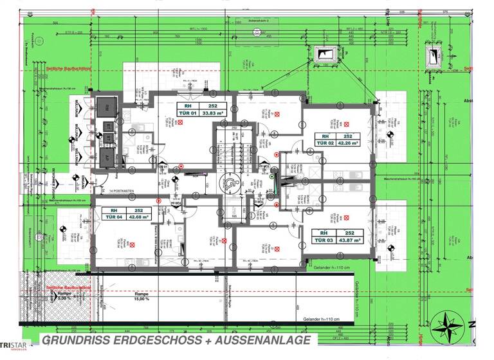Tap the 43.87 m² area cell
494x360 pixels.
coord(348,241)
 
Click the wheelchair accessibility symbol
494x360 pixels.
coord(230,183)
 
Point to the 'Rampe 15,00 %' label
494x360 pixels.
coord(140,295)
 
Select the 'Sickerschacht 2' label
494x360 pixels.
coord(258,20)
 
